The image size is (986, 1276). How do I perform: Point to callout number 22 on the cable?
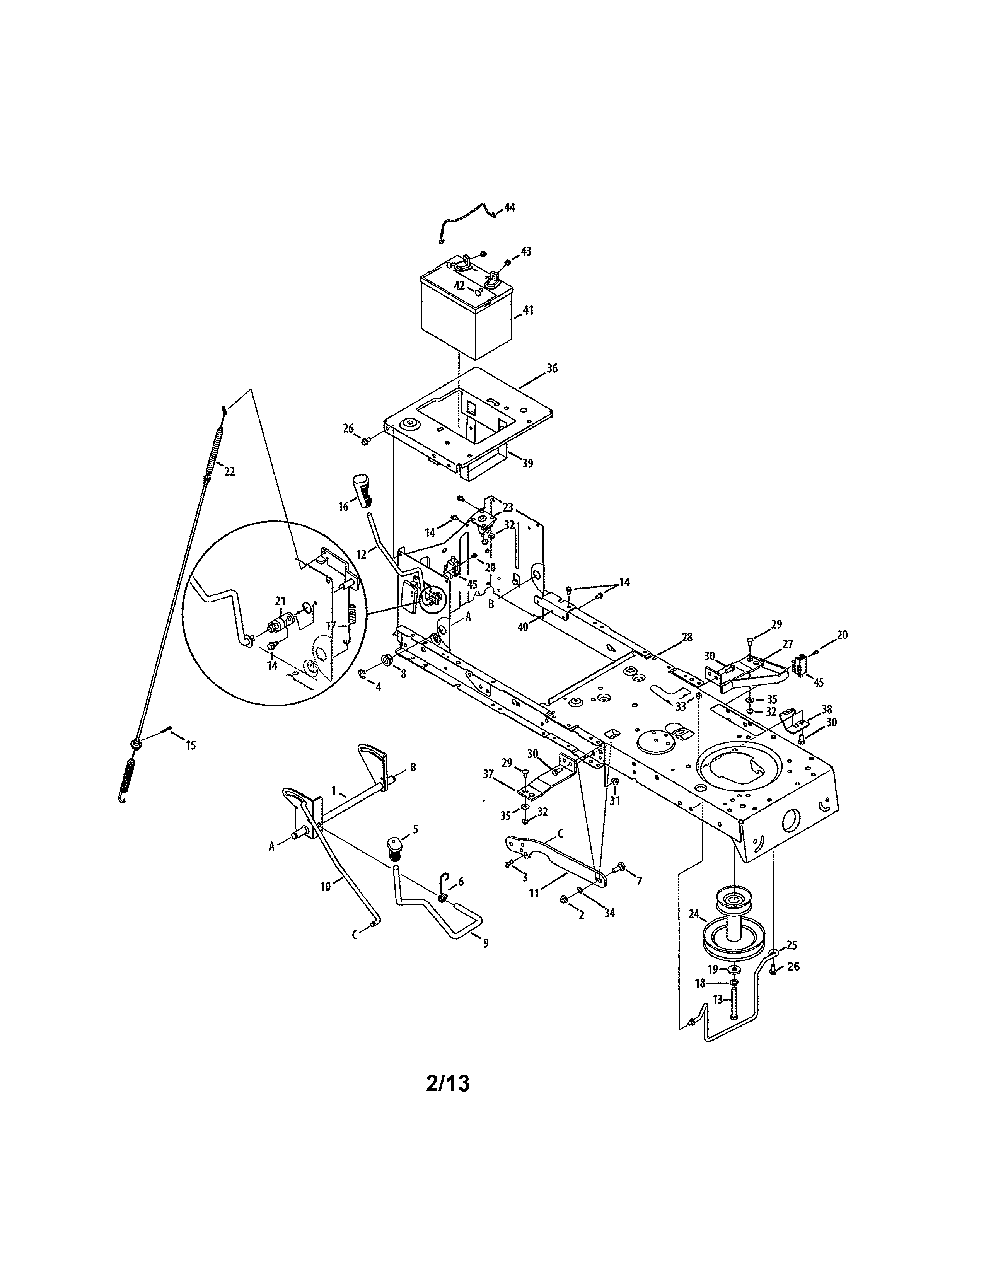tap(229, 471)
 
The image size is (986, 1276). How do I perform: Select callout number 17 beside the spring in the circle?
tap(331, 626)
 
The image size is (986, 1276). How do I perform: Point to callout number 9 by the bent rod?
tap(486, 943)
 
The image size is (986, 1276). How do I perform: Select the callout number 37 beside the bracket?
tap(488, 774)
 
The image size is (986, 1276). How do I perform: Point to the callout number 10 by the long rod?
tap(325, 886)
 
